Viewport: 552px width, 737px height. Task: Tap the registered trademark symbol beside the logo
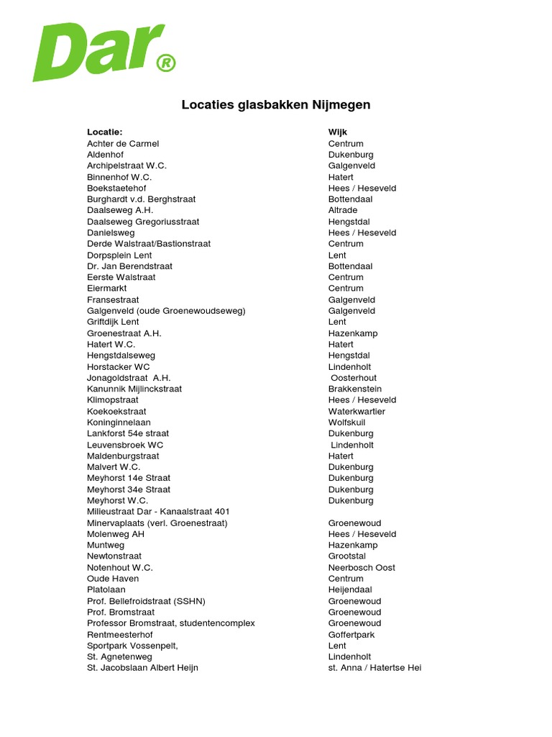(x=165, y=64)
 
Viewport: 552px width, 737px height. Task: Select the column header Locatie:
(x=105, y=132)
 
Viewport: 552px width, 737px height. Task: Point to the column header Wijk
(x=338, y=132)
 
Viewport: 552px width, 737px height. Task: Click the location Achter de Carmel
(x=123, y=144)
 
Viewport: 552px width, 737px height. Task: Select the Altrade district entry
(x=344, y=210)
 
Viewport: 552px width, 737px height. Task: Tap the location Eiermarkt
(x=107, y=289)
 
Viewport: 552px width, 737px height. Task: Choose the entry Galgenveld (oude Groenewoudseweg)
(x=166, y=311)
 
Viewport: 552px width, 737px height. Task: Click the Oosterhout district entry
(x=354, y=378)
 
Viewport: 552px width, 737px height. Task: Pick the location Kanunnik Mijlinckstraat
(x=134, y=389)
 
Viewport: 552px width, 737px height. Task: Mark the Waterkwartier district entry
(x=356, y=411)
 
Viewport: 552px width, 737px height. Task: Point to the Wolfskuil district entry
(x=348, y=422)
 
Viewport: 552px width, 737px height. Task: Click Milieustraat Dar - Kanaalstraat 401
(x=158, y=512)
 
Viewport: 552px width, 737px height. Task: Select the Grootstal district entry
(x=347, y=556)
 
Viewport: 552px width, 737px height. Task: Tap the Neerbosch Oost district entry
(x=362, y=568)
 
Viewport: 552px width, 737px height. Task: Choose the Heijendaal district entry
(x=350, y=589)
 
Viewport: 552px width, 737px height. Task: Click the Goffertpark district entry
(x=351, y=635)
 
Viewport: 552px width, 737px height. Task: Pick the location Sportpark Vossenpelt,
(x=132, y=646)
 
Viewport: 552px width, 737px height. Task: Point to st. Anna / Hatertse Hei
(x=374, y=668)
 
